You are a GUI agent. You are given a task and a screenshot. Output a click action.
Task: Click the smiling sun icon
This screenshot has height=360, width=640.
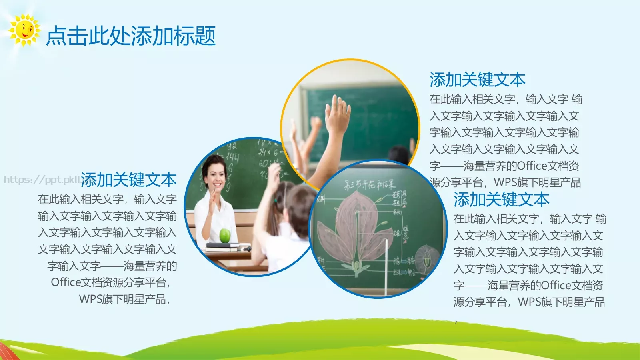[x=24, y=30]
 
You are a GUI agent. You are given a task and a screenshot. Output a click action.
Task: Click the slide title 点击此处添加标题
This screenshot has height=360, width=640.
[x=131, y=36]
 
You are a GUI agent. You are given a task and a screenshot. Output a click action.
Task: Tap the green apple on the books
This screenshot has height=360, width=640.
[x=225, y=235]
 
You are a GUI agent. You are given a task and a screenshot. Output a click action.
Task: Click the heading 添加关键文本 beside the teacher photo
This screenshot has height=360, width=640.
[x=129, y=180]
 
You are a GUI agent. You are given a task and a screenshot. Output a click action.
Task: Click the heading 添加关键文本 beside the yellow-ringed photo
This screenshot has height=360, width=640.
[x=477, y=80]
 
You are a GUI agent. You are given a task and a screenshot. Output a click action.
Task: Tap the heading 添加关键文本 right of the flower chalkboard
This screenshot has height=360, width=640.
[x=501, y=199]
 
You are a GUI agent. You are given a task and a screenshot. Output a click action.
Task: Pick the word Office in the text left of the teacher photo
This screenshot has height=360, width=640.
[x=66, y=282]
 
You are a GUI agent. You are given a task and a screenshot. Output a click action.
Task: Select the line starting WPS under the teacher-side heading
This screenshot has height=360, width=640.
[x=124, y=299]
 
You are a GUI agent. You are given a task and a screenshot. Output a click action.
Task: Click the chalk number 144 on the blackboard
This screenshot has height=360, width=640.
[x=232, y=157]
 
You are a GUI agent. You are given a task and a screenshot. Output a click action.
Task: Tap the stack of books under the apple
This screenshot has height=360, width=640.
[x=222, y=247]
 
